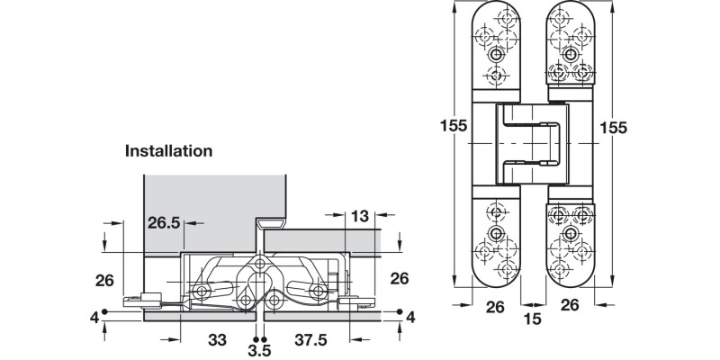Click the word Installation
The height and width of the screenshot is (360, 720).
tap(168, 151)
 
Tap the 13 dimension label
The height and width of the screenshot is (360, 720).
tap(359, 216)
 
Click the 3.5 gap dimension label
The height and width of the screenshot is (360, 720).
tap(259, 348)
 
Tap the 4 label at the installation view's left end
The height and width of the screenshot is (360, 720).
tap(94, 317)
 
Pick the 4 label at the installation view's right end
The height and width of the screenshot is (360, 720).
tap(410, 317)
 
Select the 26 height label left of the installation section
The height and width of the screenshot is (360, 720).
tap(104, 279)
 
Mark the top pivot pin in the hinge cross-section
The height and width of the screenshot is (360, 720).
tap(261, 263)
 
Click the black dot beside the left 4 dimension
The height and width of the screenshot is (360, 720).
tap(106, 311)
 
